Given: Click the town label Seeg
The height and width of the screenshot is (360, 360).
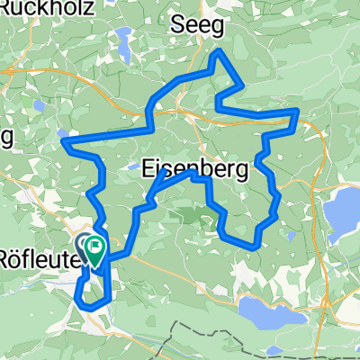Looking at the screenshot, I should coord(197,26).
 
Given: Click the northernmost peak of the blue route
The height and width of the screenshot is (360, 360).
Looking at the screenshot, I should coord(217,53).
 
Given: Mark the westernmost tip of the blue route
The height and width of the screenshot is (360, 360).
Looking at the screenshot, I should coord(62,140).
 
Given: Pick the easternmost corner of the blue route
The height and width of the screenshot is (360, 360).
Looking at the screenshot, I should coord(299,112).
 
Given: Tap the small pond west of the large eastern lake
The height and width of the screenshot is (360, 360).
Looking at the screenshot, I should coord(292,237).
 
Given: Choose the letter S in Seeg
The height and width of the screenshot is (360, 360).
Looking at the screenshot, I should coord(178,26).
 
